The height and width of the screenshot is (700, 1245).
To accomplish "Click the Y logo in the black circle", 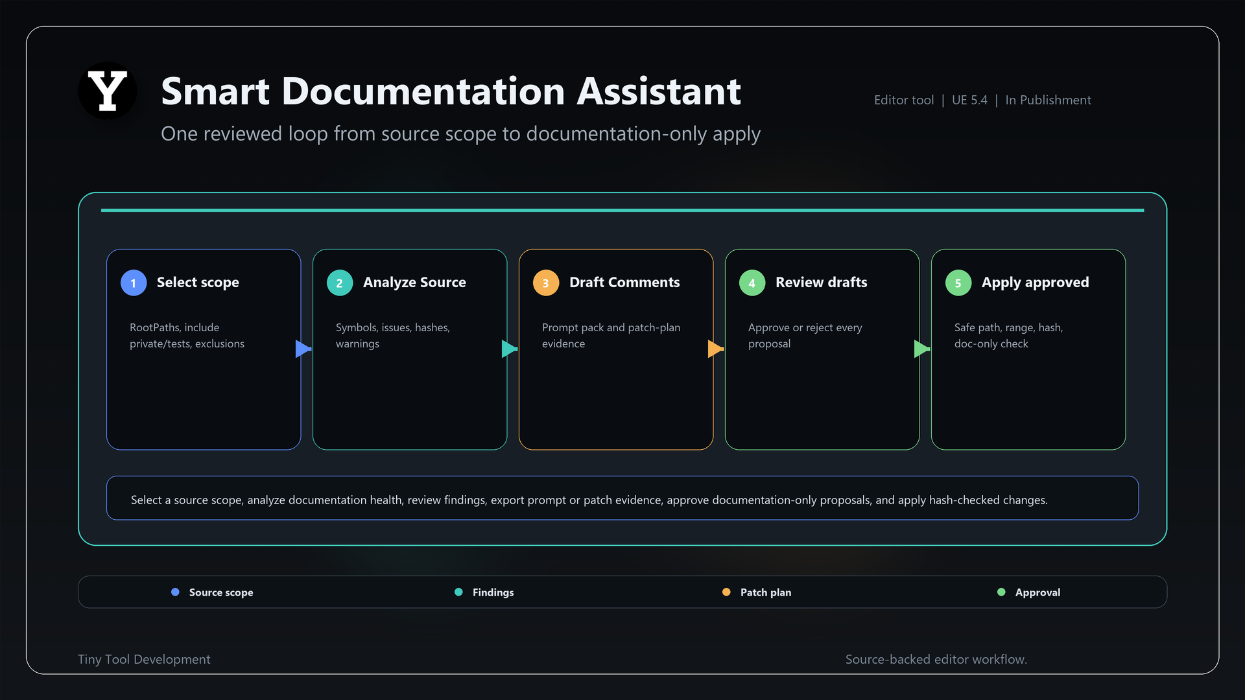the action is coord(108,91).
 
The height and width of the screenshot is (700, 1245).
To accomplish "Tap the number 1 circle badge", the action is coord(134,283).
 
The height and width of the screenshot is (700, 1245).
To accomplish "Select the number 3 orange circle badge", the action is coord(546,283).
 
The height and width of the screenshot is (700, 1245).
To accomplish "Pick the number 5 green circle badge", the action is coord(958,283).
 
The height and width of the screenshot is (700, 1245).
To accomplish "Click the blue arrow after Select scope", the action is coord(303,349).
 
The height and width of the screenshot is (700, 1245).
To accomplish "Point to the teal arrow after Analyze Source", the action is coord(510,349).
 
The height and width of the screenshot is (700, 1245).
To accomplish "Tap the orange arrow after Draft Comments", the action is coord(716,349).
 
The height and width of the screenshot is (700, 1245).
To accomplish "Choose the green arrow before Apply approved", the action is coord(922,349).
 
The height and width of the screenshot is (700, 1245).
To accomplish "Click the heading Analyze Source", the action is coord(414,282).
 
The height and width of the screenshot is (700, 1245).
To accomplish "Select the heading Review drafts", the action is coord(821,282).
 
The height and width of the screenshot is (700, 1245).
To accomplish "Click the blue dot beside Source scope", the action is coord(175,592).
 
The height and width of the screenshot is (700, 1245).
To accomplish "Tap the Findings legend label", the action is coord(493,592).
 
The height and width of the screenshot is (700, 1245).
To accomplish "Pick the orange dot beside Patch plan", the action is coord(726,592).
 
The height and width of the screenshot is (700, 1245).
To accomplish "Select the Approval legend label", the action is coord(1037,592).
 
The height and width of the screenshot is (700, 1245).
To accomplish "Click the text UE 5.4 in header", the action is coord(969,100).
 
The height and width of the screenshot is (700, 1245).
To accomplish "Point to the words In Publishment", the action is coord(1048,100).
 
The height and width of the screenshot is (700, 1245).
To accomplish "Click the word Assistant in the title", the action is coord(659,91).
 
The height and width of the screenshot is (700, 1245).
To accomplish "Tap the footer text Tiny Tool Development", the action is coord(144,659).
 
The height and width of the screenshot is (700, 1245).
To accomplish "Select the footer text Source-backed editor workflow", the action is coord(936,659).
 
